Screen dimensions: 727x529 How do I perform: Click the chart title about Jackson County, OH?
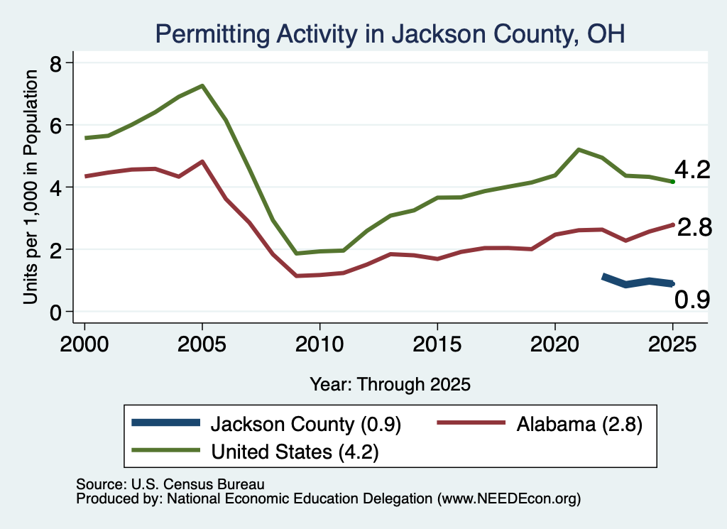tap(390, 34)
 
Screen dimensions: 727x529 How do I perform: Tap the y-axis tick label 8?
tap(55, 63)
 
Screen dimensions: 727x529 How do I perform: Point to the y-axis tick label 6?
tap(55, 126)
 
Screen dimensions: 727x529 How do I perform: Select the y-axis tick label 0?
tap(55, 312)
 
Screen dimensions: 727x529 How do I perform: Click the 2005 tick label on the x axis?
tap(202, 344)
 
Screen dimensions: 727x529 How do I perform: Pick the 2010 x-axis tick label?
tap(319, 344)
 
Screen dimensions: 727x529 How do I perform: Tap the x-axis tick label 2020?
tap(555, 344)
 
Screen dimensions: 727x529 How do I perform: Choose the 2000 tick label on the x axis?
tap(84, 344)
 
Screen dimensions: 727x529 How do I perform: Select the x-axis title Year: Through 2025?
tap(390, 384)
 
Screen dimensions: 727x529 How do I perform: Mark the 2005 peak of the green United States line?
tap(202, 85)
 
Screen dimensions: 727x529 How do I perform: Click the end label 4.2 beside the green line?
tap(692, 170)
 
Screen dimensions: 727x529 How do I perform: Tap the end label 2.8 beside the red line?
tap(694, 228)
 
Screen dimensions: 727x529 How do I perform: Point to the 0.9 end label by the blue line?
tap(692, 300)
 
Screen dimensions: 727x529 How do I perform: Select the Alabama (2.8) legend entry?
tap(540, 424)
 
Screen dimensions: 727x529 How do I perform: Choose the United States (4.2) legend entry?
tap(256, 452)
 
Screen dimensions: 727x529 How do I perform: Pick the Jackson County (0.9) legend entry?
tap(267, 424)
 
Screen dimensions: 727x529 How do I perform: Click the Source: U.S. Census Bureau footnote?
tap(170, 484)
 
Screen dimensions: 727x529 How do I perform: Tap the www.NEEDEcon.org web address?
tap(508, 499)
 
